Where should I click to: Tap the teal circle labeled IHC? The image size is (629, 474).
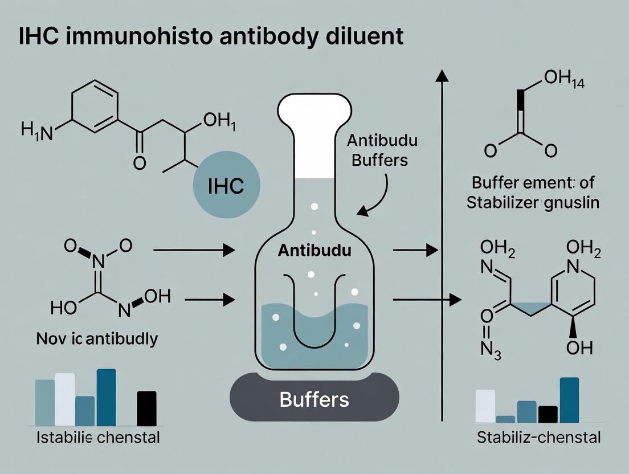pyautogui.click(x=226, y=186)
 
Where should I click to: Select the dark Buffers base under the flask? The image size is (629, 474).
pyautogui.click(x=314, y=399)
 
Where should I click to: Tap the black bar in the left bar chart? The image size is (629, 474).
pyautogui.click(x=146, y=408)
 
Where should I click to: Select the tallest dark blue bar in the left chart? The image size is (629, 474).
pyautogui.click(x=106, y=397)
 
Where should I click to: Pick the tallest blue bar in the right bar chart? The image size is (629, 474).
pyautogui.click(x=569, y=400)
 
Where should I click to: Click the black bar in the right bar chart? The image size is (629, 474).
pyautogui.click(x=548, y=414)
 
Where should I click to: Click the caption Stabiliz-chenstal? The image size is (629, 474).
pyautogui.click(x=538, y=438)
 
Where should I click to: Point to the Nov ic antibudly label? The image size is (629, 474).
pyautogui.click(x=96, y=339)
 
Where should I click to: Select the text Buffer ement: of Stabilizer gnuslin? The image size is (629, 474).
pyautogui.click(x=533, y=193)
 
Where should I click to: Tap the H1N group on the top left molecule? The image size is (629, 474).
pyautogui.click(x=36, y=132)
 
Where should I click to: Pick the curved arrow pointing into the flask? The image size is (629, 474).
pyautogui.click(x=376, y=197)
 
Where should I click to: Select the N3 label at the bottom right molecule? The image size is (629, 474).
pyautogui.click(x=491, y=348)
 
